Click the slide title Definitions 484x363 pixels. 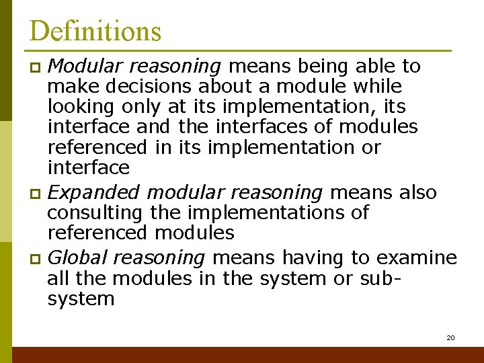coord(95,31)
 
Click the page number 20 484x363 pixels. coord(450,337)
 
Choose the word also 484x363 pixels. coord(418,192)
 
